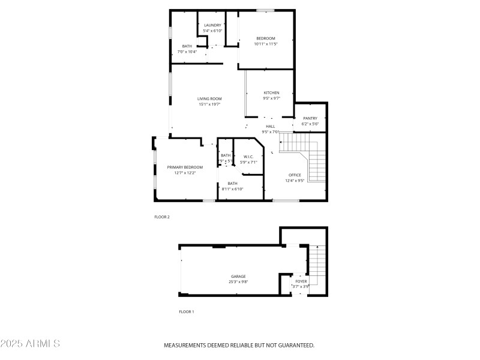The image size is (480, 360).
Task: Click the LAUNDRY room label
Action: (213, 25)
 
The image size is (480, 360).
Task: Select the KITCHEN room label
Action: (272, 93)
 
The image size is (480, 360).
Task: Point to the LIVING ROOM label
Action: (210, 99)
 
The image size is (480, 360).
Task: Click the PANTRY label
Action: (310, 118)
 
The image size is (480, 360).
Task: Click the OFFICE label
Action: (295, 175)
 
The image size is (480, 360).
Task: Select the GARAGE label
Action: (238, 277)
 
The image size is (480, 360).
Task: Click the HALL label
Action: (271, 127)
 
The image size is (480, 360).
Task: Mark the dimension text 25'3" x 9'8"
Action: (238, 282)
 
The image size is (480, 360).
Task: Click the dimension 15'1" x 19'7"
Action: (210, 104)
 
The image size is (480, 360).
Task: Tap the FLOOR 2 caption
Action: (162, 217)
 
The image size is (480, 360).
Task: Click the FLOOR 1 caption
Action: (187, 312)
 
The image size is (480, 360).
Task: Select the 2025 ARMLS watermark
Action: (30, 344)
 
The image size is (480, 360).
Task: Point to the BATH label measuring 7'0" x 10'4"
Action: (187, 46)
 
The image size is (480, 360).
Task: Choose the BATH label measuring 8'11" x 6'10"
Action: (232, 184)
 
